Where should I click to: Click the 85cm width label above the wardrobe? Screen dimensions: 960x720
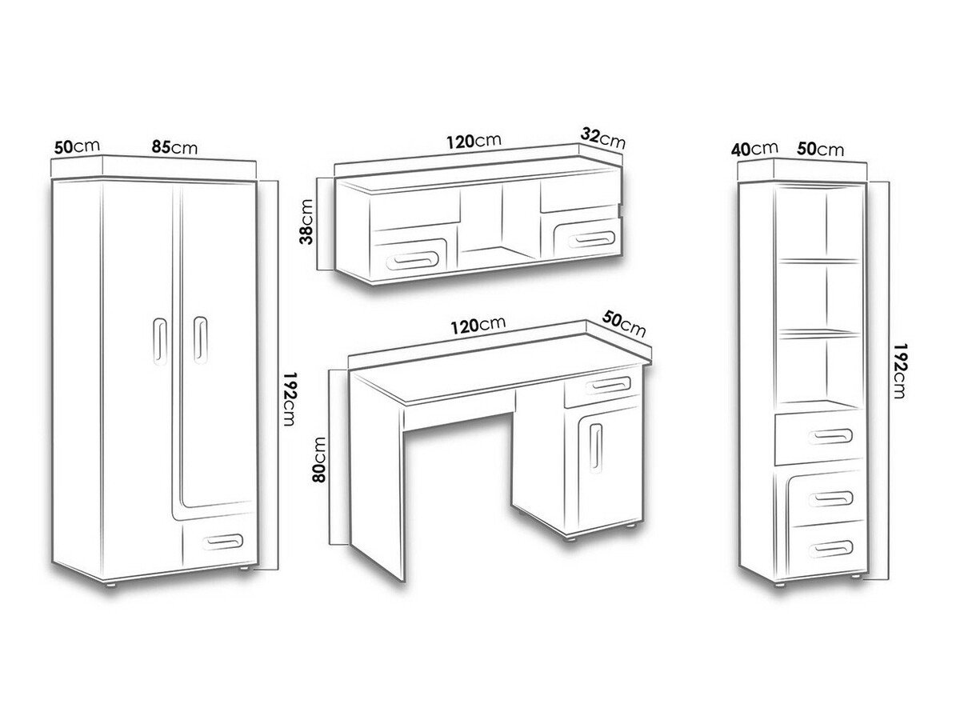click(174, 147)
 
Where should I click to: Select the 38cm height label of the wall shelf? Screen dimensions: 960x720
click(307, 222)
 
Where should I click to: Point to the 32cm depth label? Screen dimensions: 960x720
click(603, 138)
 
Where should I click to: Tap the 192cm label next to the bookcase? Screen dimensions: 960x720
click(898, 370)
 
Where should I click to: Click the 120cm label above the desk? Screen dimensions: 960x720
click(478, 326)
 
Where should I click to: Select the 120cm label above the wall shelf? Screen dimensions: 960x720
click(474, 141)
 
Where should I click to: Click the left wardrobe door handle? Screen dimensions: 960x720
click(160, 341)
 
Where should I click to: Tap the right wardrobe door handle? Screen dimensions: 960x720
click(200, 340)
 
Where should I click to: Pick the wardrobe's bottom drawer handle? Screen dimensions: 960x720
click(222, 542)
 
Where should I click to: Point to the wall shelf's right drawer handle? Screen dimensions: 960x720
click(589, 238)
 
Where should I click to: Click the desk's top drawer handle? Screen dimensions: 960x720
click(608, 386)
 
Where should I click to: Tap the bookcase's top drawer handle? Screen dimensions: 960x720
click(830, 436)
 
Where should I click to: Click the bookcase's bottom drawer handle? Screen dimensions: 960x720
click(830, 548)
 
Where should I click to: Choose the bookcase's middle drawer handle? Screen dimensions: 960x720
click(830, 498)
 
